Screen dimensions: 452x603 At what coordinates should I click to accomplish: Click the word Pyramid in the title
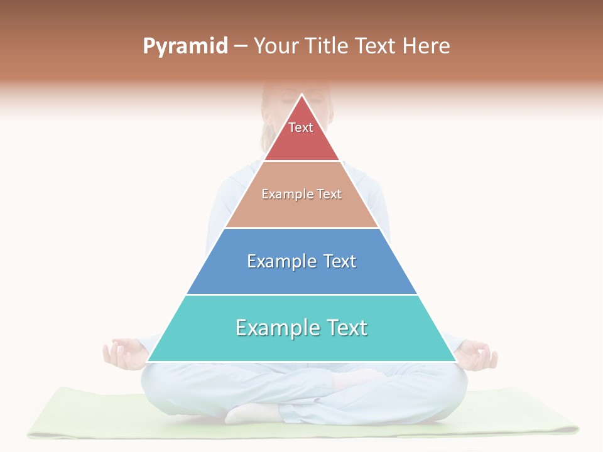[185, 46]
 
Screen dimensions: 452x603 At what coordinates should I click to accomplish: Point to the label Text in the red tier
[301, 127]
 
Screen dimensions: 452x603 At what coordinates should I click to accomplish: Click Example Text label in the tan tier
[301, 194]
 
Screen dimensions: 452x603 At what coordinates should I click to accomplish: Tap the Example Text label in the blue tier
[301, 261]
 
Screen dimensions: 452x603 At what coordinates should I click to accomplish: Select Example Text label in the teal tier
[301, 328]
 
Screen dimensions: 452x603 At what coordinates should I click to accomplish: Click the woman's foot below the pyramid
[251, 412]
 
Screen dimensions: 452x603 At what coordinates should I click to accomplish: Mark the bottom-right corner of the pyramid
[455, 361]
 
